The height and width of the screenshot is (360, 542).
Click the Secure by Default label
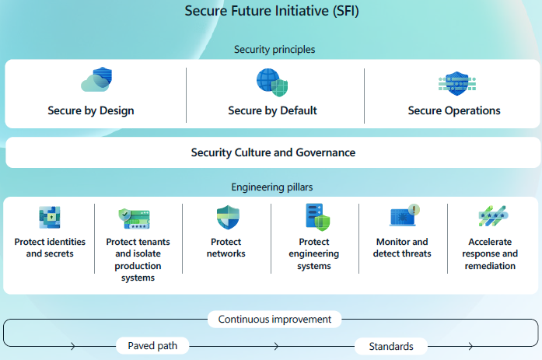(x=272, y=110)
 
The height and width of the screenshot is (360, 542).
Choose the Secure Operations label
(x=454, y=110)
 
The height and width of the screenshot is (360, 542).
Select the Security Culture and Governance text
(x=273, y=152)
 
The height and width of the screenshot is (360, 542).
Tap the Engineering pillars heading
(x=272, y=187)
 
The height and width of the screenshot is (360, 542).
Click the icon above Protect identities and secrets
(x=50, y=217)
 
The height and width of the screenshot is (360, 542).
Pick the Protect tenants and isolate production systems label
(x=138, y=260)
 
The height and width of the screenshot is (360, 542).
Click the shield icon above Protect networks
(x=227, y=217)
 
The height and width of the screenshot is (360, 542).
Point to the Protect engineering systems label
(x=314, y=253)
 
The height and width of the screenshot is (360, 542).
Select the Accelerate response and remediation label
(x=490, y=253)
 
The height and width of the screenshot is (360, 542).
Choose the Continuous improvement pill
(x=274, y=319)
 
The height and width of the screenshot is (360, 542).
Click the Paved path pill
(x=152, y=346)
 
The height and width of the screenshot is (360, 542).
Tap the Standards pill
(x=391, y=346)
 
